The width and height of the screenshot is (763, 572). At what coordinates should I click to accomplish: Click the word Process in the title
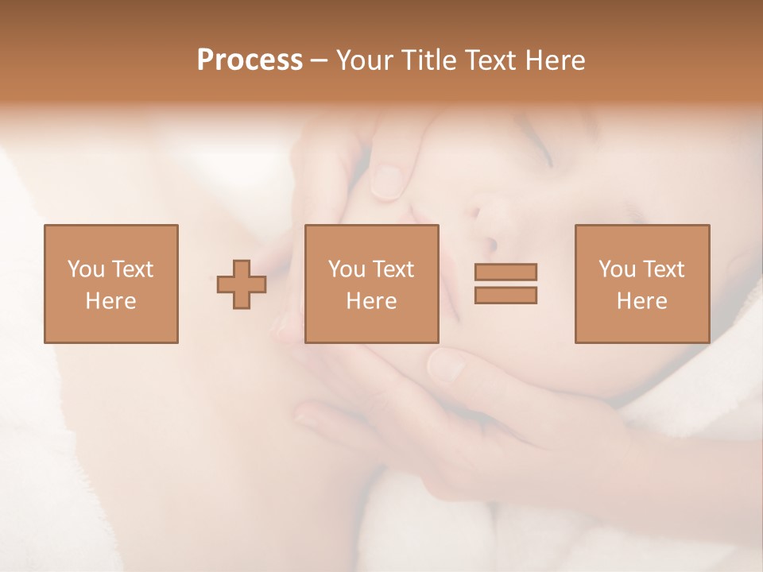coord(250,60)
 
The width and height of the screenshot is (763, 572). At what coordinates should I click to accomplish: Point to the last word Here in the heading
coord(556,60)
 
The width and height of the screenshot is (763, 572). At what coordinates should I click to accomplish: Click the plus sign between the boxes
coord(242,284)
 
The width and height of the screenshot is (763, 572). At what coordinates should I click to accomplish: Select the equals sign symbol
coord(505,284)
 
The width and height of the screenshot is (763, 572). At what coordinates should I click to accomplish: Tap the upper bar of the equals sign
coord(505,272)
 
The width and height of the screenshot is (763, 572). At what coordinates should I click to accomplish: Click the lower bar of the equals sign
coord(505,296)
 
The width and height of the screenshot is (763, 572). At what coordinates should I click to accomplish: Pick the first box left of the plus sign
coord(111,284)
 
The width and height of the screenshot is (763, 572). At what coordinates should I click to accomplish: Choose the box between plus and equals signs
coord(371,284)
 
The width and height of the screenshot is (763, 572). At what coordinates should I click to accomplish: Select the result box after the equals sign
coord(642,284)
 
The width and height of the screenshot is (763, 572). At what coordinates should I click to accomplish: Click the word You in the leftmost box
coord(85,269)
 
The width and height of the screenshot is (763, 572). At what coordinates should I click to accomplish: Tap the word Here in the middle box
coord(371,301)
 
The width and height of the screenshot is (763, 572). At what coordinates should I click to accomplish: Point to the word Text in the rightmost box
coord(663,269)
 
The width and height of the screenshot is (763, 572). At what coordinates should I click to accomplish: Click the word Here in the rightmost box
coord(642,301)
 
